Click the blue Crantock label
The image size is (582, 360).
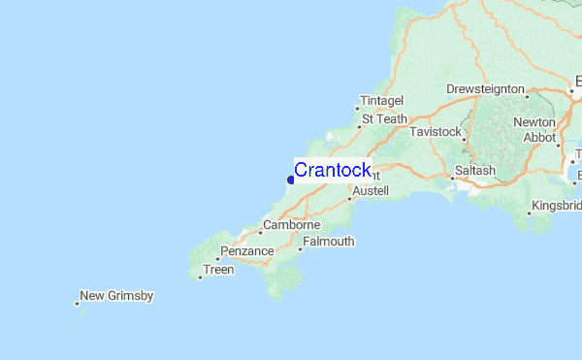332,171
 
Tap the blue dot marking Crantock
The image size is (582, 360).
291,180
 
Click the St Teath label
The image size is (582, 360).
384,119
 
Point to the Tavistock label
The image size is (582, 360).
437,131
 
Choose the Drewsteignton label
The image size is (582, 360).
485,89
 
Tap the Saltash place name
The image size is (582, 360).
474,171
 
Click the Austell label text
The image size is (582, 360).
371,191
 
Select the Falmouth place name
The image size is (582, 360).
329,242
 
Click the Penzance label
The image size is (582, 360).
247,251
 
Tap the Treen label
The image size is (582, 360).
219,271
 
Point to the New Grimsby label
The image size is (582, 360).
116,296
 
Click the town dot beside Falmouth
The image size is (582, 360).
300,248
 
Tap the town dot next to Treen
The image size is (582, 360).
200,278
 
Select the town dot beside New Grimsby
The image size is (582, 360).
77,304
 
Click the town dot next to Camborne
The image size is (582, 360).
260,232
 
